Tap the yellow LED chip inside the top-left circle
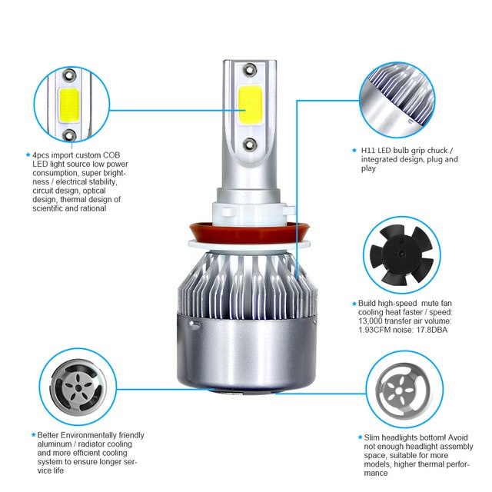68,105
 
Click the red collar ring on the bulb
246,231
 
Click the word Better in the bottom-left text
51,435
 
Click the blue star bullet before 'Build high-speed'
354,303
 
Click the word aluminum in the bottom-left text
55,444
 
